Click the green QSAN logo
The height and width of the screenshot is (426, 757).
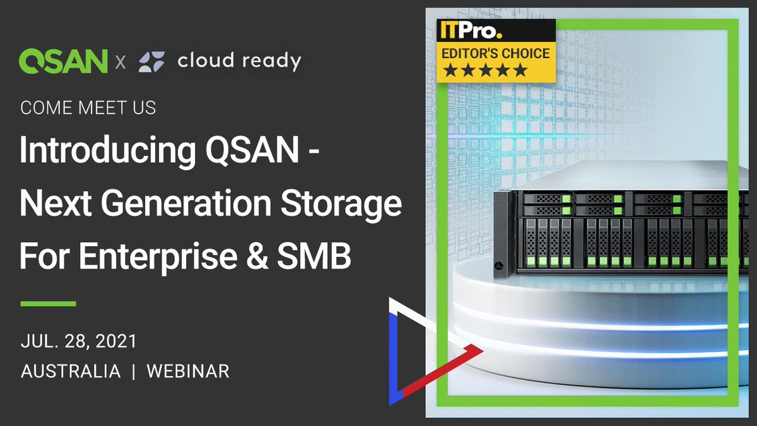click(63, 61)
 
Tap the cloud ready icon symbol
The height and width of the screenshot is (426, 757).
click(151, 61)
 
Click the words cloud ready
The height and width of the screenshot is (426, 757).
click(239, 61)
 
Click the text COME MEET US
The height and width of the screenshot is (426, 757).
click(88, 108)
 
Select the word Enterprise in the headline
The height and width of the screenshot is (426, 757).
click(158, 258)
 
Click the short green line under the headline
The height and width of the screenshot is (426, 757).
click(48, 304)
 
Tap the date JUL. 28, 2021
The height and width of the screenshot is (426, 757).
click(78, 341)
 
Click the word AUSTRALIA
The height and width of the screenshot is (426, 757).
click(70, 371)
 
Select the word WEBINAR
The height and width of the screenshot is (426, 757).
click(187, 371)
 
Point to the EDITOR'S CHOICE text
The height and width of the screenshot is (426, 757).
click(496, 54)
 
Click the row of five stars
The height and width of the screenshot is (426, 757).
click(484, 71)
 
